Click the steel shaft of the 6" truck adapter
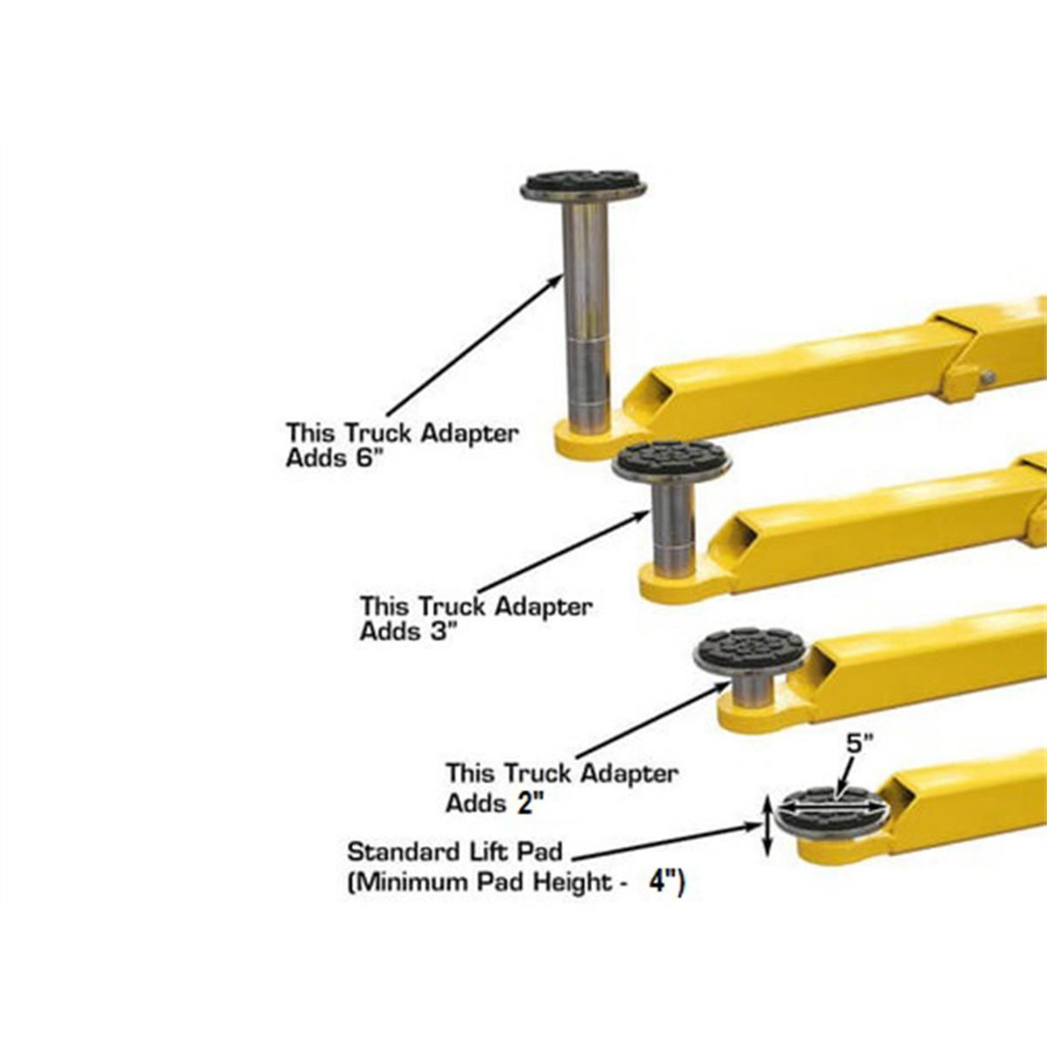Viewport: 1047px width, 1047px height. tap(586, 311)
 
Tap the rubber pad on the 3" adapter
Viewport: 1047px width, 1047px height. tap(672, 459)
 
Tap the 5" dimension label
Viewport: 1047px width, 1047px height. tap(859, 745)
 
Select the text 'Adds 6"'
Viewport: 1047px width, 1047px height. tap(334, 459)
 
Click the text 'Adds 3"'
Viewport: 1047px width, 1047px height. tap(408, 632)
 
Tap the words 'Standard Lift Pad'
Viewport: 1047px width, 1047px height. tap(455, 852)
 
